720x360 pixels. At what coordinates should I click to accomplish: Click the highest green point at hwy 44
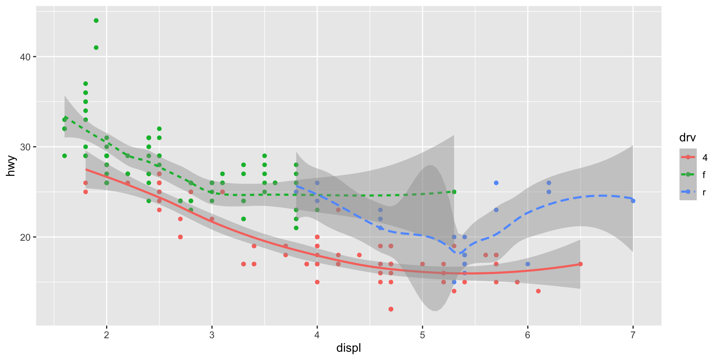pos(96,21)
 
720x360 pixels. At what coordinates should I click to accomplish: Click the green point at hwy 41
pos(96,48)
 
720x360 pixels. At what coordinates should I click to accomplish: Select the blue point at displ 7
pos(633,201)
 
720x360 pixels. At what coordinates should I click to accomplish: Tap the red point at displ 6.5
pos(580,264)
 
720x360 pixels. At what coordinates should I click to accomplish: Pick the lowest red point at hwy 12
pos(391,309)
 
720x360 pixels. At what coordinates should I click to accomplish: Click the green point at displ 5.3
pos(454,192)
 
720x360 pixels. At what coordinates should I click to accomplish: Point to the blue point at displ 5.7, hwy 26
pos(496,183)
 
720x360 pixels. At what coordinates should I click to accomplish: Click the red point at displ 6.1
pos(538,291)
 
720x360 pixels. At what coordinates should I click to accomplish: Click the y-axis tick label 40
pos(25,57)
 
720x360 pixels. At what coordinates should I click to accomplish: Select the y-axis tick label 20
pos(25,237)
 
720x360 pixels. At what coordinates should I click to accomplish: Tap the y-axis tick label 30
pos(25,147)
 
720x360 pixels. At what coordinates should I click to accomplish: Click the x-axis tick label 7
pos(633,335)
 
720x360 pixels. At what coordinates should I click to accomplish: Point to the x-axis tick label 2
pos(106,335)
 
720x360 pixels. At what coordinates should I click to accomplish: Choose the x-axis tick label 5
pos(423,335)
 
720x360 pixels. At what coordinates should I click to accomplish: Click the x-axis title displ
pos(348,348)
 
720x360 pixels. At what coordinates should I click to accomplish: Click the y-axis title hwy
pos(11,166)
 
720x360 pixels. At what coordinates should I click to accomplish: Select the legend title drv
pos(687,138)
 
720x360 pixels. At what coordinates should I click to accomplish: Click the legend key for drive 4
pos(688,157)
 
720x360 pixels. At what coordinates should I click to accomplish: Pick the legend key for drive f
pos(688,174)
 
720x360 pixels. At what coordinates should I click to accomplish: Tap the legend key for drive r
pos(688,192)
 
